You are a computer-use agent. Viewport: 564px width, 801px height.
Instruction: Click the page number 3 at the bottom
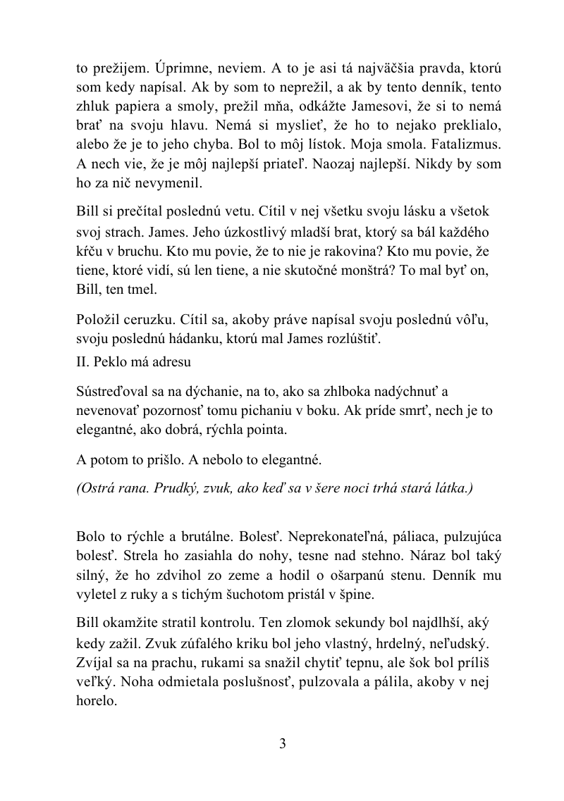pos(282,744)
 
